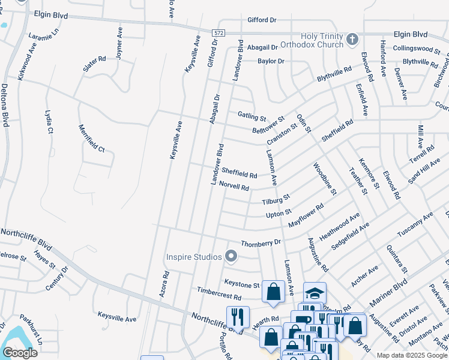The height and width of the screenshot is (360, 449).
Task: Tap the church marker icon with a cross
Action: (x=352, y=40)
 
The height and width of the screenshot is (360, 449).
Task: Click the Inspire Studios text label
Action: (x=194, y=257)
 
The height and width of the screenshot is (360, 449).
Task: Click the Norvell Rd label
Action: (x=234, y=186)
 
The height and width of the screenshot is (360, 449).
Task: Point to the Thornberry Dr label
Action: (x=261, y=243)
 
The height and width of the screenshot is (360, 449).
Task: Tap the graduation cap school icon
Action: (x=315, y=293)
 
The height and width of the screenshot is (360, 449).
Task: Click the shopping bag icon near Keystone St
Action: (x=274, y=292)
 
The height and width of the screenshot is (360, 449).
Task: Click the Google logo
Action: (x=20, y=353)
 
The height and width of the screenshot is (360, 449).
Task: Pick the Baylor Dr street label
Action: (x=271, y=61)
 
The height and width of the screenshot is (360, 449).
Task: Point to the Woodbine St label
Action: (x=324, y=178)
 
